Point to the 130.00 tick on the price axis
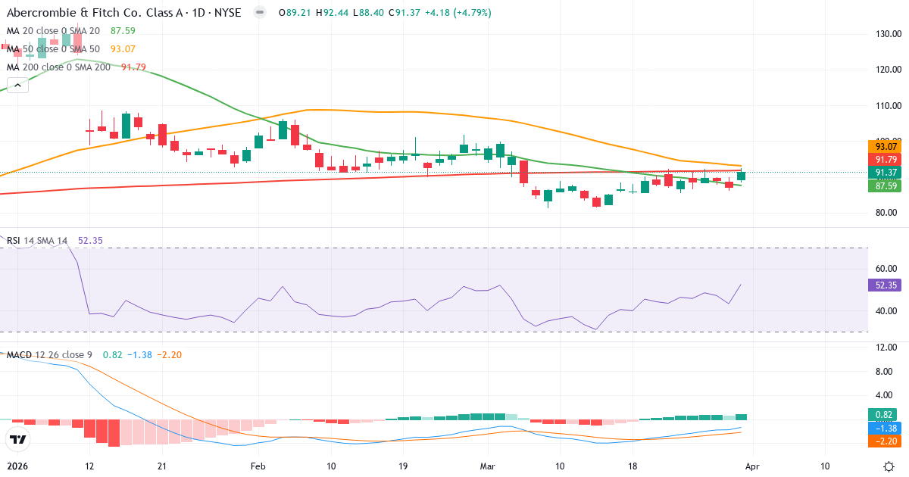pos(886,34)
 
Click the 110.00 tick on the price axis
pos(886,106)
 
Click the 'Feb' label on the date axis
pos(258,466)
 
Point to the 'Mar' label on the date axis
pos(488,466)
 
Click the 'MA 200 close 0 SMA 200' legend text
pos(58,67)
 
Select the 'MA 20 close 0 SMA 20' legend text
pos(53,31)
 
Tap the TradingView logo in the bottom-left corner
pos(17,439)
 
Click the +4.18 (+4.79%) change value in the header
pos(460,13)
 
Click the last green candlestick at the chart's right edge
pos(741,176)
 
